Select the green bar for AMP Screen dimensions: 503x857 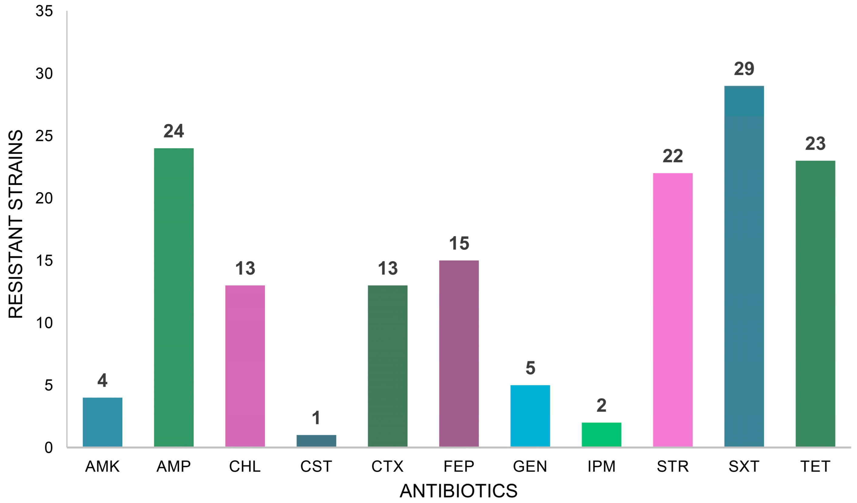174,297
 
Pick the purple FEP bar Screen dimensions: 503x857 459,353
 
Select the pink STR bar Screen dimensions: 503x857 673,310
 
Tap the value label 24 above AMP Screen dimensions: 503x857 174,131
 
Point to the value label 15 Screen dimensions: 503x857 459,244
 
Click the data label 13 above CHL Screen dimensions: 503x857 245,268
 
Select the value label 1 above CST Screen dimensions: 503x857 316,418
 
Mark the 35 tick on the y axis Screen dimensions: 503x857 44,11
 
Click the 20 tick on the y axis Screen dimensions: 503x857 44,198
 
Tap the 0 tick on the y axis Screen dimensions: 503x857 49,447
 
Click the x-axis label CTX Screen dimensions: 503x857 387,467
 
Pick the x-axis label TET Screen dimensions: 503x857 815,467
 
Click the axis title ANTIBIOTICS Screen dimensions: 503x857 458,491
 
